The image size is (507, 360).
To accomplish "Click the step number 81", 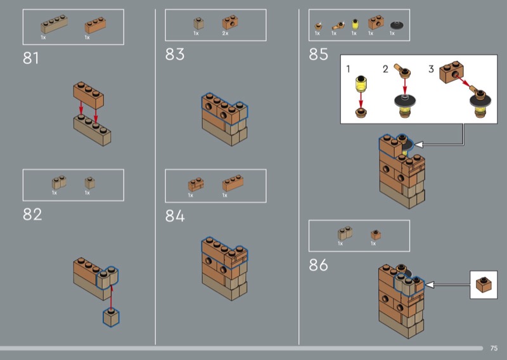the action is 30,58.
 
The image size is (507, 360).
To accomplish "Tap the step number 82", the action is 32,214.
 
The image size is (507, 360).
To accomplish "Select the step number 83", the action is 175,55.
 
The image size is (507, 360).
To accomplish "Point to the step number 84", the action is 175,215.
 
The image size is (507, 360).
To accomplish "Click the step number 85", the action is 319,55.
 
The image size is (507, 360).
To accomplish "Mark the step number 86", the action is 319,265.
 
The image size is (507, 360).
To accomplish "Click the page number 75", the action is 494,349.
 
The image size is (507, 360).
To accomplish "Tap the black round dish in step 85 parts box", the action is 397,25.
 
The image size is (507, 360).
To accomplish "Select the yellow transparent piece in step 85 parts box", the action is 355,24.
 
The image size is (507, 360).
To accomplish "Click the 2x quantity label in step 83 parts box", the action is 226,34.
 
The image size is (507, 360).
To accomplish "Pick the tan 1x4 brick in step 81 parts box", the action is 54,24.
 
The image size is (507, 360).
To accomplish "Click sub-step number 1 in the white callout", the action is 348,69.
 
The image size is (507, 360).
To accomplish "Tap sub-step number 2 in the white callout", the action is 385,69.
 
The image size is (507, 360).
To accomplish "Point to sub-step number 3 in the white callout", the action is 431,69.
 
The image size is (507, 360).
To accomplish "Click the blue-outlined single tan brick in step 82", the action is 112,318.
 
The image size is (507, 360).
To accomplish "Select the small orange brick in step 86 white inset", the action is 484,285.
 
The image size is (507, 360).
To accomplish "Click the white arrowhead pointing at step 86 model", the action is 430,285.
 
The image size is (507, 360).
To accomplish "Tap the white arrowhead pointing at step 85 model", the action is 418,145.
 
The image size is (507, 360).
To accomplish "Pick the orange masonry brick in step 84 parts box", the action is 196,184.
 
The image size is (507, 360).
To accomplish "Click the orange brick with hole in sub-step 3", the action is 451,72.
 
